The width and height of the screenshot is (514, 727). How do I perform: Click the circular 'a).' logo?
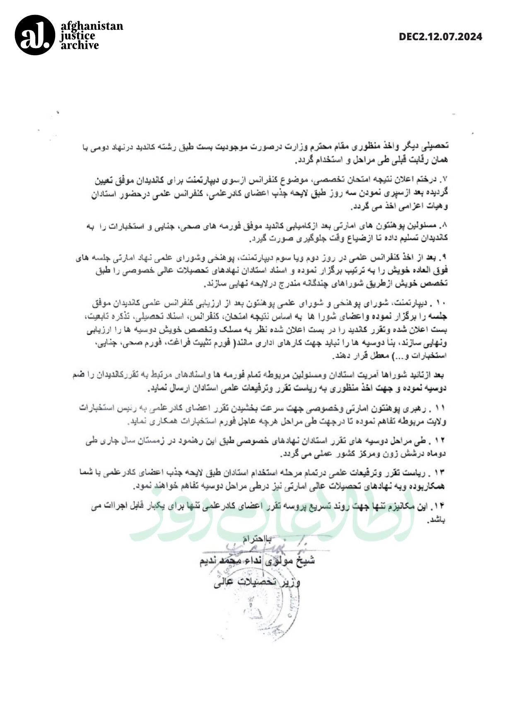35,35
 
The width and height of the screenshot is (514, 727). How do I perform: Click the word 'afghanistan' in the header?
92,26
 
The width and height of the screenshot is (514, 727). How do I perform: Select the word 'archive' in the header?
80,45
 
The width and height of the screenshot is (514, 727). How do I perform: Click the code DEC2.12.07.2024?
440,37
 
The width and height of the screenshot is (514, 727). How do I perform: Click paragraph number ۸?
445,226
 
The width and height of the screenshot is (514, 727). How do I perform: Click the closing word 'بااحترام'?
258,539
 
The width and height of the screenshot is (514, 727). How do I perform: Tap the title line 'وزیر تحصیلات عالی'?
257,582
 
